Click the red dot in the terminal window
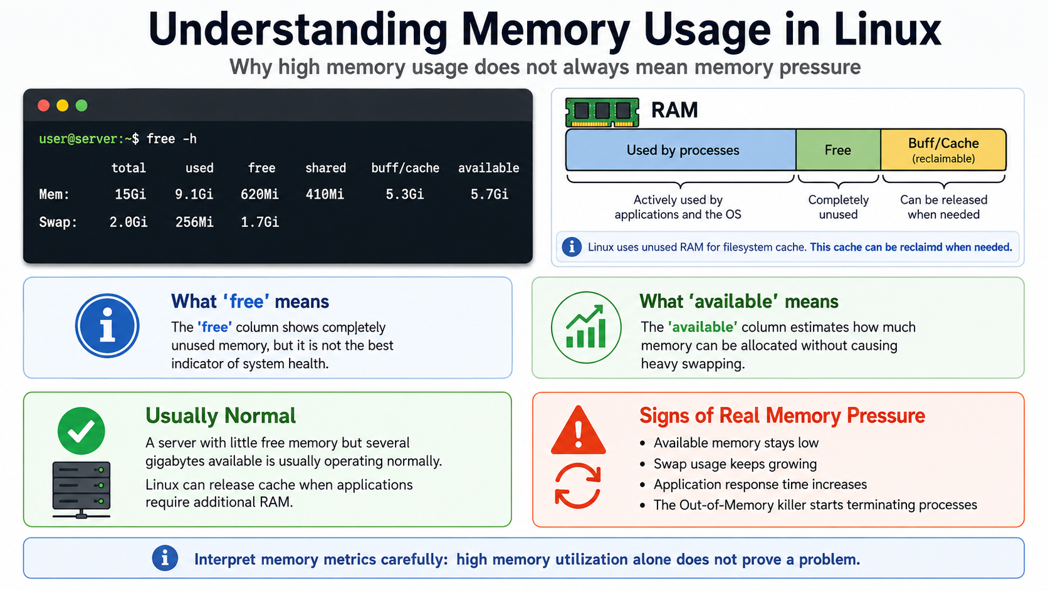43,105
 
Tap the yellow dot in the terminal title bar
62,105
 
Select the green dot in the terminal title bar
81,105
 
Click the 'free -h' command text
171,139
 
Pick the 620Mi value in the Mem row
259,194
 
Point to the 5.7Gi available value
490,194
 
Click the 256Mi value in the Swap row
194,222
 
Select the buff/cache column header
405,168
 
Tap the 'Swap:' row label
58,222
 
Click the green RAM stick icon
602,112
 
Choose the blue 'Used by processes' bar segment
681,150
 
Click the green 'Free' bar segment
838,150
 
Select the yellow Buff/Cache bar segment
943,150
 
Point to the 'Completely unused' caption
839,208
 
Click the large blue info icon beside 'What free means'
107,325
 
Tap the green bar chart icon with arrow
586,327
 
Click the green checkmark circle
81,431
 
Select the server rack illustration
81,490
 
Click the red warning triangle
579,430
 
